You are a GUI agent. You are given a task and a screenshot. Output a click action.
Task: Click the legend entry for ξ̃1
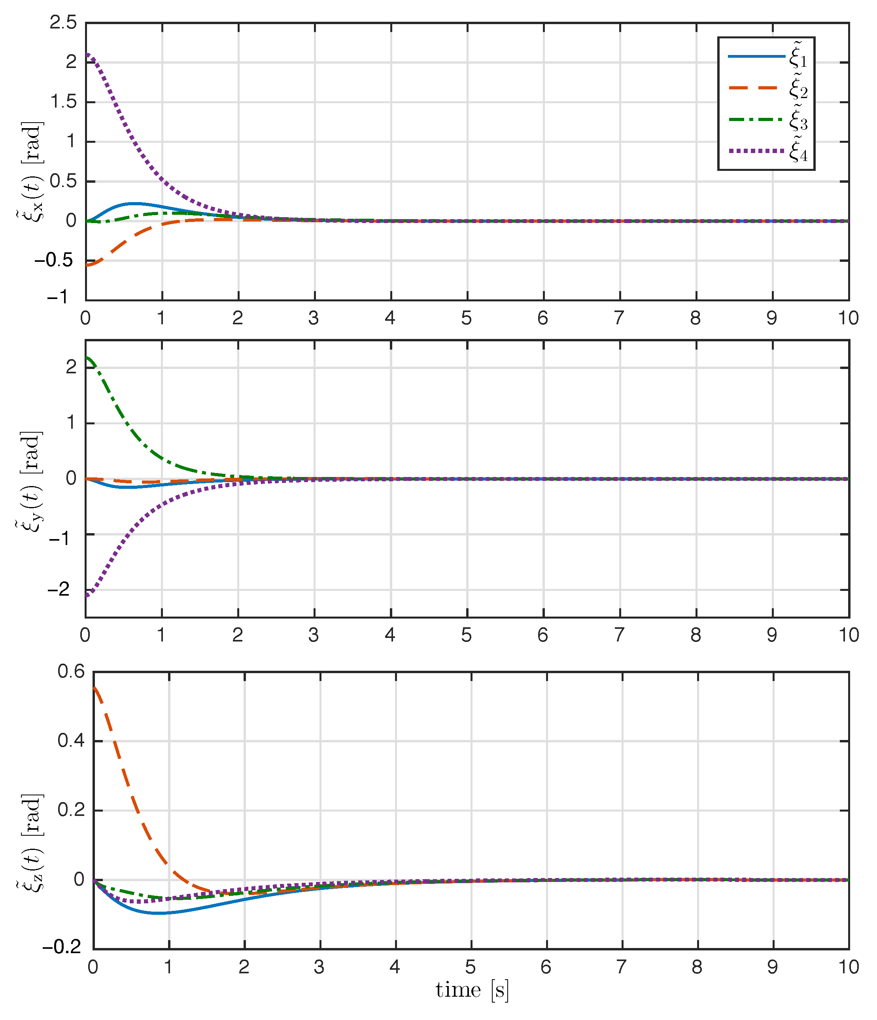pyautogui.click(x=768, y=57)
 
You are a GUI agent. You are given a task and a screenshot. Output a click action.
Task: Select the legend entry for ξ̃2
pyautogui.click(x=768, y=89)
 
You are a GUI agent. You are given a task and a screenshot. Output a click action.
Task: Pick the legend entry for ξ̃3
pyautogui.click(x=768, y=119)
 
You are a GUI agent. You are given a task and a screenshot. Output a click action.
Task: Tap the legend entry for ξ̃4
pyautogui.click(x=768, y=151)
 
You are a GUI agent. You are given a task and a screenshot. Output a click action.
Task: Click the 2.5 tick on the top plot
pyautogui.click(x=63, y=23)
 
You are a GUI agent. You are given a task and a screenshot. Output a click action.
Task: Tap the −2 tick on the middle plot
pyautogui.click(x=59, y=589)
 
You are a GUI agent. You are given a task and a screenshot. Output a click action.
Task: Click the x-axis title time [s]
pyautogui.click(x=471, y=990)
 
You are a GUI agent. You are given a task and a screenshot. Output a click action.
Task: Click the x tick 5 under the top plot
pyautogui.click(x=467, y=318)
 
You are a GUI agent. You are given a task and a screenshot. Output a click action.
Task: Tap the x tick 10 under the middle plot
pyautogui.click(x=849, y=635)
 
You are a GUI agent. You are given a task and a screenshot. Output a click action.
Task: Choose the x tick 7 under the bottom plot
pyautogui.click(x=621, y=967)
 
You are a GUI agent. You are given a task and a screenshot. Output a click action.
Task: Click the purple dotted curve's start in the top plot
pyautogui.click(x=87, y=54)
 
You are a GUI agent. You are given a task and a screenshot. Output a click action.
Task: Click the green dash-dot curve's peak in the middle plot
pyautogui.click(x=87, y=358)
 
